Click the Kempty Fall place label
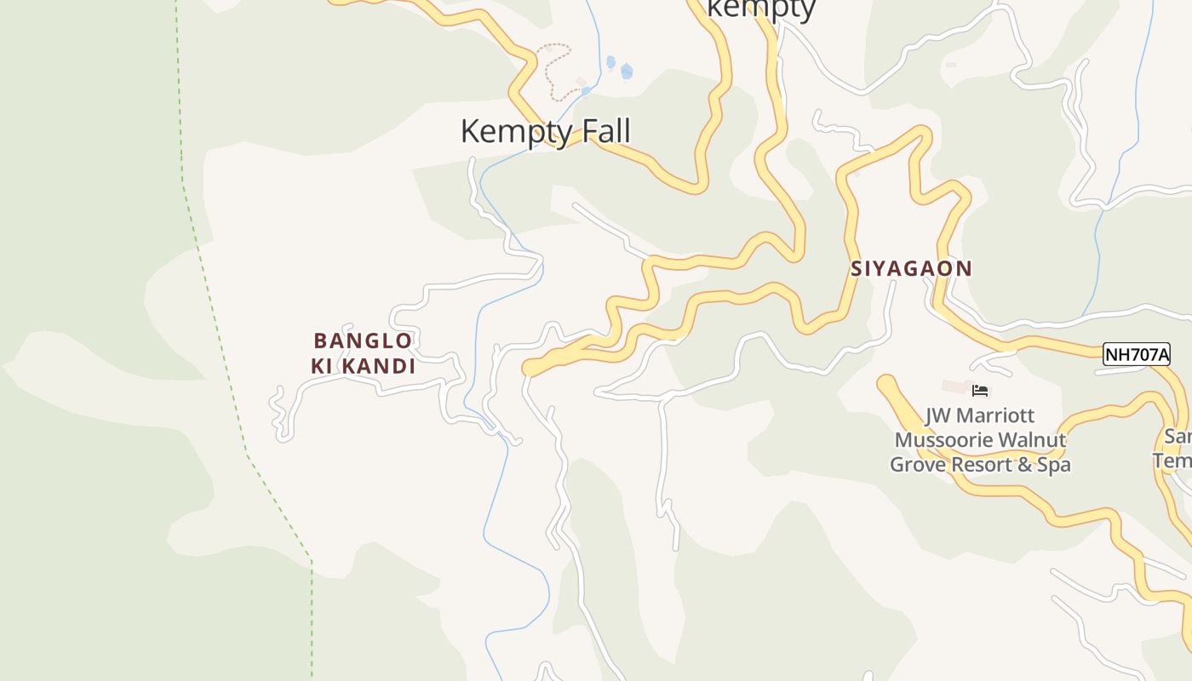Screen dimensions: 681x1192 [x=545, y=132]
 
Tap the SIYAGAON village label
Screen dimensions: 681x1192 [x=911, y=269]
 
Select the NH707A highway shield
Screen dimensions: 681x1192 [x=1136, y=354]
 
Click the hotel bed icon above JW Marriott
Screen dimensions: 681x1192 [x=980, y=391]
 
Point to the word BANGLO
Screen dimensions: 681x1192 [x=363, y=341]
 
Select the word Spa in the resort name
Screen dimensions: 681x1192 [x=1052, y=465]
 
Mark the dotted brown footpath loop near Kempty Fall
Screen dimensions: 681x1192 [x=553, y=68]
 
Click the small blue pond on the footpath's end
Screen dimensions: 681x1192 [x=586, y=90]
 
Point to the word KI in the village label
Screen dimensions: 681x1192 [x=322, y=367]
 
